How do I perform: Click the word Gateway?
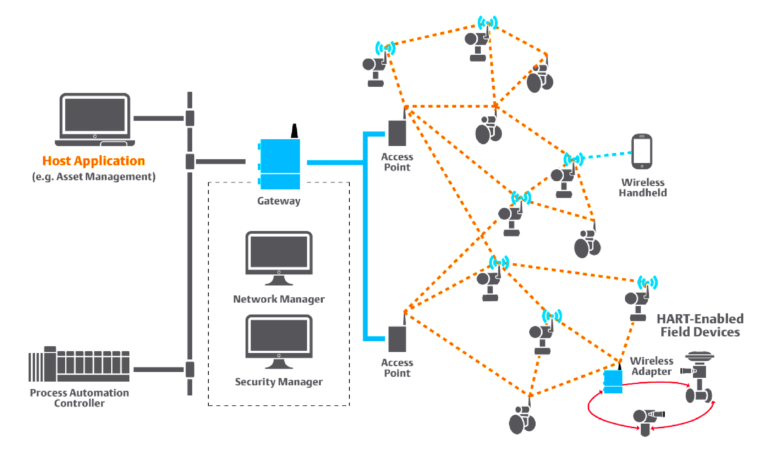click(280, 201)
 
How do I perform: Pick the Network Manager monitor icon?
click(279, 259)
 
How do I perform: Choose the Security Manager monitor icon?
click(279, 343)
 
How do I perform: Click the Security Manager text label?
click(279, 382)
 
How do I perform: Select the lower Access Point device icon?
click(397, 341)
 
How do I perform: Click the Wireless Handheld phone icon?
click(642, 153)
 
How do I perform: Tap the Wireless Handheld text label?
click(644, 187)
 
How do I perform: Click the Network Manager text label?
click(279, 299)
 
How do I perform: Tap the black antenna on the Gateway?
click(294, 131)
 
